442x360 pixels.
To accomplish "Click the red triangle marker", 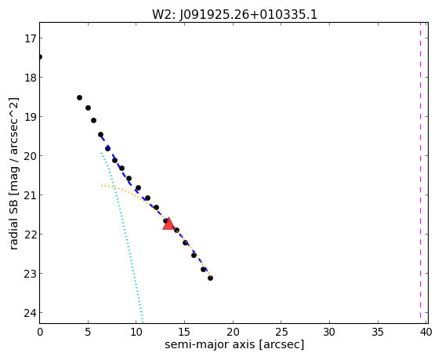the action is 168,224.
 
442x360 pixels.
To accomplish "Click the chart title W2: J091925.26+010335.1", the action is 234,14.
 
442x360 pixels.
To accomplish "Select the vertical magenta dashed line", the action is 420,173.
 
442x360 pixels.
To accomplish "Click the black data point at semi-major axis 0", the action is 40,57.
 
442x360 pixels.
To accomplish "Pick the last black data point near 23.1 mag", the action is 210,278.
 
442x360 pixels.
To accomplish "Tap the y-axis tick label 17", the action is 30,38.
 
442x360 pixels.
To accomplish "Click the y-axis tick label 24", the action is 30,313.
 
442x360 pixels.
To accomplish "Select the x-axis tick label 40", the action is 426,332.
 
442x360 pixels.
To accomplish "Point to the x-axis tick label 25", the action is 281,332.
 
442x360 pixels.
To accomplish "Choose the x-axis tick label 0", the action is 40,332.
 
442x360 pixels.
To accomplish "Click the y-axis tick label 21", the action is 30,195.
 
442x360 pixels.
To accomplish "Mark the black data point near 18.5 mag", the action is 79,97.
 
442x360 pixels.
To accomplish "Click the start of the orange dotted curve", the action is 101,185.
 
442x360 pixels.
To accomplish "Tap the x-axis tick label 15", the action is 184,332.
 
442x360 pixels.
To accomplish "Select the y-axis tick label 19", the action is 30,117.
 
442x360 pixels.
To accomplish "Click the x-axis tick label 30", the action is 329,332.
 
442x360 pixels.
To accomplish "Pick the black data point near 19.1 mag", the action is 93,121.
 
